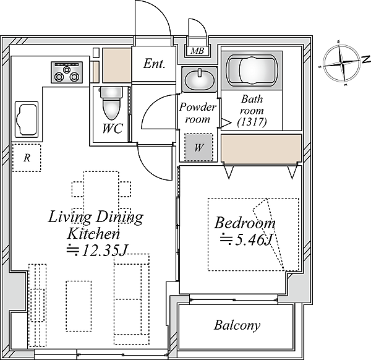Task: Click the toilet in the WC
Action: (x=111, y=103)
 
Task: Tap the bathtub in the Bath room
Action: (x=252, y=70)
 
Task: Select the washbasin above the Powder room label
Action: (x=199, y=79)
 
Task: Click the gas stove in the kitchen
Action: (x=67, y=72)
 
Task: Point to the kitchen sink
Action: (x=27, y=119)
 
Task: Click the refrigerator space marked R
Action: (x=27, y=158)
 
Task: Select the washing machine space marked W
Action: (x=198, y=147)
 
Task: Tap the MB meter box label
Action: (x=197, y=51)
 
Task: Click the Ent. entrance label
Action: (x=154, y=64)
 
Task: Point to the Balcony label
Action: (x=237, y=325)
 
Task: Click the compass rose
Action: (x=342, y=63)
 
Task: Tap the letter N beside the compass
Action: (x=366, y=59)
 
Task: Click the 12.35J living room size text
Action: (x=97, y=250)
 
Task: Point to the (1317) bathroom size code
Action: (x=252, y=122)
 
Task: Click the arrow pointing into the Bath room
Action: (x=226, y=123)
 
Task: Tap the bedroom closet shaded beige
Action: (x=261, y=148)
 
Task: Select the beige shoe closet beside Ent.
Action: (x=117, y=66)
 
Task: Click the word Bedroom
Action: (x=245, y=223)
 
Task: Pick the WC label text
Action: (x=113, y=128)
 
